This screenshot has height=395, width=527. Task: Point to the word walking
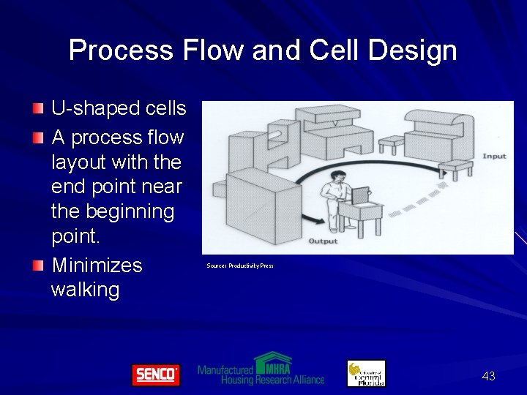[85, 290]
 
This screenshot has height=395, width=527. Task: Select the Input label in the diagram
[494, 157]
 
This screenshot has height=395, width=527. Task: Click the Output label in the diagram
[323, 241]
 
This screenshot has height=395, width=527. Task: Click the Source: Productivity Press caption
[240, 266]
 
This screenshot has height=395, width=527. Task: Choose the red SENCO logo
[155, 375]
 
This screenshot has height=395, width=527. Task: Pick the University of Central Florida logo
[366, 373]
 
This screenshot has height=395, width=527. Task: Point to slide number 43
[488, 376]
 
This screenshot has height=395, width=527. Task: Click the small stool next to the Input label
[455, 169]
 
